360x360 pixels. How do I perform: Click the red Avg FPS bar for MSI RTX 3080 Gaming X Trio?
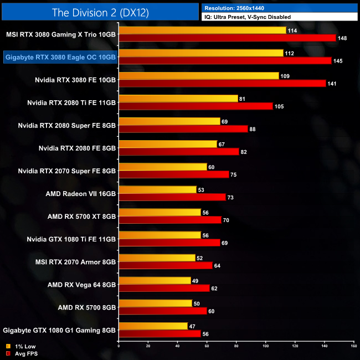click(228, 38)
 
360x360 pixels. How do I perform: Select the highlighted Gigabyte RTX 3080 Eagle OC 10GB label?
click(60, 56)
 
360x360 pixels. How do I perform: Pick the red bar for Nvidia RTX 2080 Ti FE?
click(196, 106)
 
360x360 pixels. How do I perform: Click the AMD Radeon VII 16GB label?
click(81, 194)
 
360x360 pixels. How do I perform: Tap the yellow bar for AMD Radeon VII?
click(158, 189)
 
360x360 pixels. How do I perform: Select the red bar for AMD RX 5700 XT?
click(170, 219)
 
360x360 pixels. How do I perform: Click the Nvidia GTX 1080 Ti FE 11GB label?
click(71, 239)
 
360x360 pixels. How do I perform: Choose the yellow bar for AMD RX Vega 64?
click(155, 280)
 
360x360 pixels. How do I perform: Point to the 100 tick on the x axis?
click(265, 347)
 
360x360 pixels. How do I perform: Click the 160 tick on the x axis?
click(353, 347)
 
